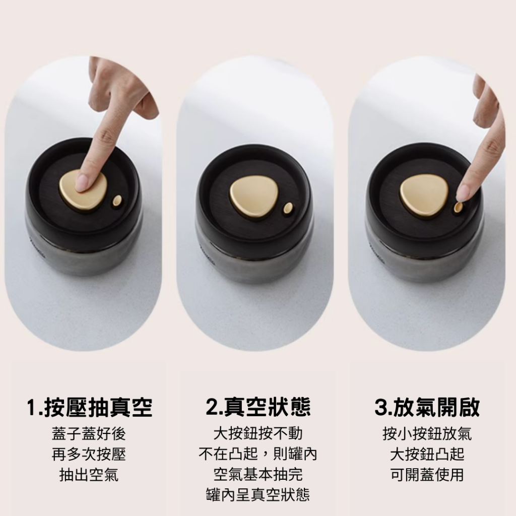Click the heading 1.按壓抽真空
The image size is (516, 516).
90,407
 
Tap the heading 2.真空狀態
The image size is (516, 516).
258,407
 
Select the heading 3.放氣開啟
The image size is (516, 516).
427,407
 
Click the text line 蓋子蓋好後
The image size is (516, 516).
89,434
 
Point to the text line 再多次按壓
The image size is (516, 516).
89,455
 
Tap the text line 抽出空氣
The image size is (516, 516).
89,475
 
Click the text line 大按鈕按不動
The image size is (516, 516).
258,433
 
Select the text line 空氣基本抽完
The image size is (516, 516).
258,474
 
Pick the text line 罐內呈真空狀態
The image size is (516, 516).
258,495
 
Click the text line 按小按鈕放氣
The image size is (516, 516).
427,434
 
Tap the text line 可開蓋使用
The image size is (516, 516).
427,475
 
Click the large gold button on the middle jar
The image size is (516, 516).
253,197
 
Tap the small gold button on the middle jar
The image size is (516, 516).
288,208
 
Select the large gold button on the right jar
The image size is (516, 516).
424,196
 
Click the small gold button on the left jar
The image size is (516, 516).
117,201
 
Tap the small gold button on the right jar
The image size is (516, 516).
458,207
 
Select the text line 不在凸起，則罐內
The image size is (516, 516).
258,454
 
